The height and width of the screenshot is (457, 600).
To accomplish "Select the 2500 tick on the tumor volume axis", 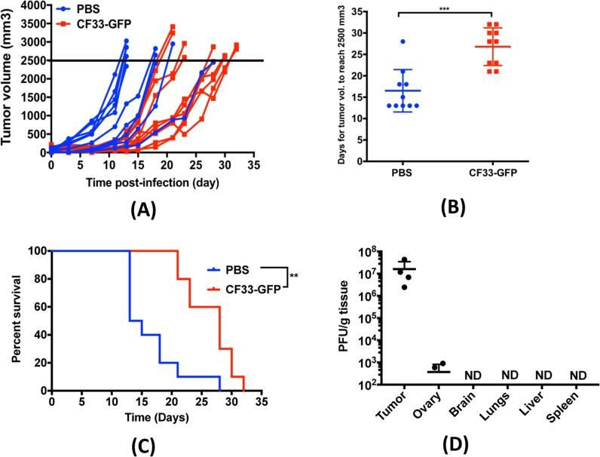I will [x=32, y=60].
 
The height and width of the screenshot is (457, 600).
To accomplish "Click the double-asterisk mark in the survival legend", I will [x=294, y=275].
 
